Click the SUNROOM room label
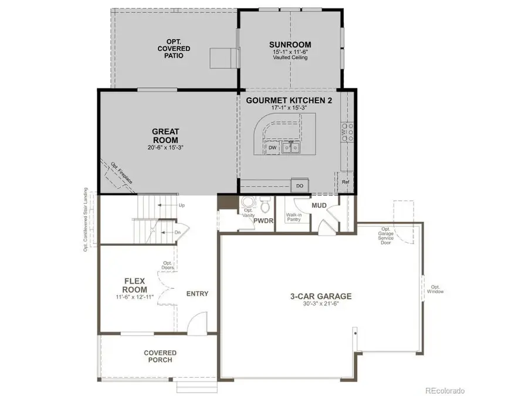(x=290, y=45)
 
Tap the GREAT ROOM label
(x=165, y=136)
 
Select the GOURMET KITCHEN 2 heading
(x=289, y=101)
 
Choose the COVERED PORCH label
(x=160, y=356)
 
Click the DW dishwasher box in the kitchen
(x=272, y=148)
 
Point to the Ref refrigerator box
(x=346, y=182)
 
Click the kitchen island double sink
(x=290, y=148)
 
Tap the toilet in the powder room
(x=265, y=206)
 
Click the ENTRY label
(x=197, y=294)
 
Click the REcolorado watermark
(x=445, y=390)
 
